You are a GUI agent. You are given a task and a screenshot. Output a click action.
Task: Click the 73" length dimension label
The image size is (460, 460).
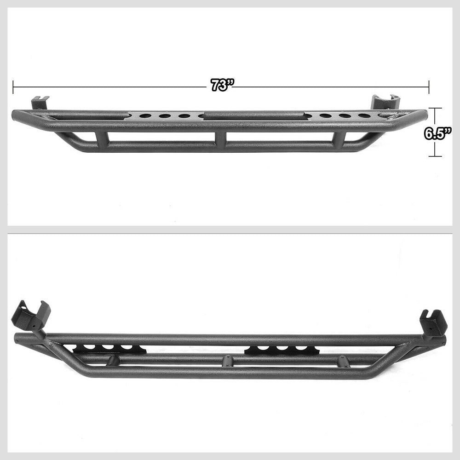point(223,86)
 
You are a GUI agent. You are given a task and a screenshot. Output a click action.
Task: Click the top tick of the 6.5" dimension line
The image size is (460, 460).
point(435,109)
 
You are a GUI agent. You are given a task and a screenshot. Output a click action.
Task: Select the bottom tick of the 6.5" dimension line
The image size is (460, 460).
point(435,156)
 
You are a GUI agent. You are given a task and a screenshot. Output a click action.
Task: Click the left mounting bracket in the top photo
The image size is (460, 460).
point(40,102)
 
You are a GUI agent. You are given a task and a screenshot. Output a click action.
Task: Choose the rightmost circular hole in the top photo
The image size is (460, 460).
point(364,116)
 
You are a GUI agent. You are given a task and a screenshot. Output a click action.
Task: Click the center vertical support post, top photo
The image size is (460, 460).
point(221,139)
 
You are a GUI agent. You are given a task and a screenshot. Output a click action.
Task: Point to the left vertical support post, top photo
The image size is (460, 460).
point(101,139)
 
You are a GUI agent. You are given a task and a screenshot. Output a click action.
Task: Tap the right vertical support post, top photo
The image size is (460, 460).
point(340,139)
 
